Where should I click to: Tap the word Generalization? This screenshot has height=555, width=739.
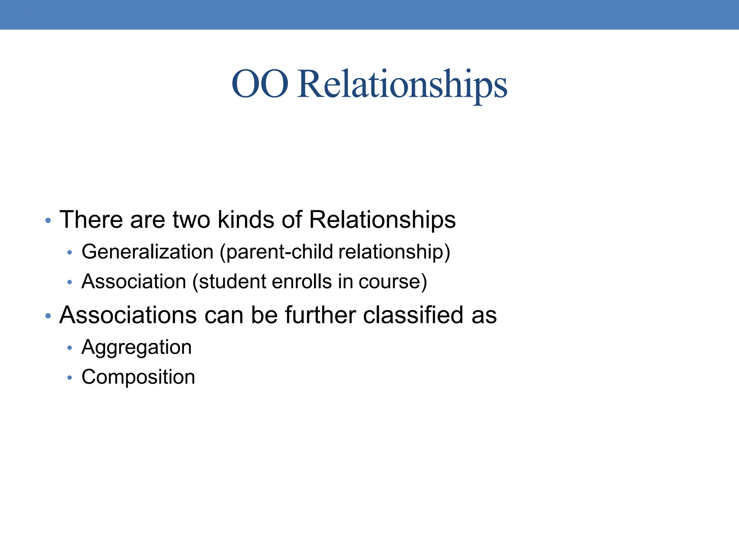[x=148, y=251]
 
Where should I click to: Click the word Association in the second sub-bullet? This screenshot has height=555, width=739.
[x=134, y=281]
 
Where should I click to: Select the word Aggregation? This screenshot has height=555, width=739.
[x=136, y=348]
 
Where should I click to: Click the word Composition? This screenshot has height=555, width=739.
[x=138, y=377]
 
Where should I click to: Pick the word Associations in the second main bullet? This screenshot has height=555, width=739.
[x=128, y=315]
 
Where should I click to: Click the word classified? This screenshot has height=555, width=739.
[x=413, y=315]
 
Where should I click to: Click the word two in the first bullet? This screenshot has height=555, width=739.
[x=191, y=220]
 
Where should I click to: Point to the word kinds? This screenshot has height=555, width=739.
[x=246, y=220]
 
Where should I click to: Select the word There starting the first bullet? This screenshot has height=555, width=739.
[x=91, y=220]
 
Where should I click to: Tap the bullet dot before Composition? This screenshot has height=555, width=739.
[x=70, y=378]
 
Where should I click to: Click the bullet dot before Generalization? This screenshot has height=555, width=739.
[x=70, y=253]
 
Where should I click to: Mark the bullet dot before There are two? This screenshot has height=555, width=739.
[x=48, y=221]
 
